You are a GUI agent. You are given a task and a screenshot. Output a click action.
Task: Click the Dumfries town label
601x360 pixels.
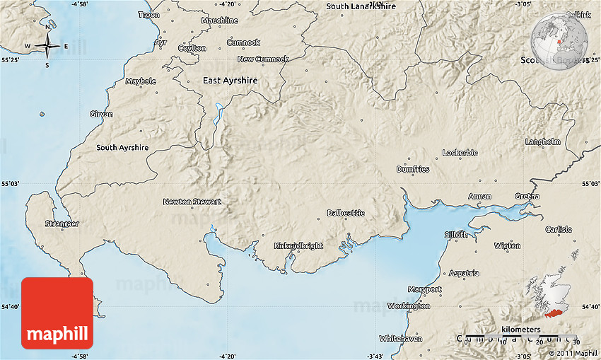(x=413, y=170)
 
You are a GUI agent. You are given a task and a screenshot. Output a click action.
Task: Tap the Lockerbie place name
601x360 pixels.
(x=460, y=153)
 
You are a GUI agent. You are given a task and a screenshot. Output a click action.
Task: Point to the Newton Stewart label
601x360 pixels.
(x=192, y=202)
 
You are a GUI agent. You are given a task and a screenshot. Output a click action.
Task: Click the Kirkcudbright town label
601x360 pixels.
(x=298, y=246)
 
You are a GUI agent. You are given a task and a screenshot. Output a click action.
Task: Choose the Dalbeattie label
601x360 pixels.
(x=345, y=213)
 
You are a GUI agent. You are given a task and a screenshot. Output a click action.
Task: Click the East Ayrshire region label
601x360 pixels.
(x=230, y=81)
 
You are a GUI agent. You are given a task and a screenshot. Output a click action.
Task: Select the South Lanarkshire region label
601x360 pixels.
(x=361, y=6)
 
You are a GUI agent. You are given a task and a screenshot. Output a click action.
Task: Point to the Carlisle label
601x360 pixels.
(x=559, y=229)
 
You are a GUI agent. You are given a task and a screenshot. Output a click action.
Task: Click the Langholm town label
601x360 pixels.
(x=543, y=141)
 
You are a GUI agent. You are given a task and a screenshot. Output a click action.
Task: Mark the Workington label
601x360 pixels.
(x=409, y=306)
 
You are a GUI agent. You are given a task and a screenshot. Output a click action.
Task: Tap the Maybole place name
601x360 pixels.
(x=141, y=81)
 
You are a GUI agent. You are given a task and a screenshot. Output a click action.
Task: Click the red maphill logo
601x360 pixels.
(x=57, y=313)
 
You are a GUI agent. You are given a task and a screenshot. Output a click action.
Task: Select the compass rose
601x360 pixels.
(x=47, y=46)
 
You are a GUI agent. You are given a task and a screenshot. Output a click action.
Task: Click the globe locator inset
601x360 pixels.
(x=559, y=40)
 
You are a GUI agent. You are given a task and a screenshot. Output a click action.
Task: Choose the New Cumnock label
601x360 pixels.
(x=263, y=59)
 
